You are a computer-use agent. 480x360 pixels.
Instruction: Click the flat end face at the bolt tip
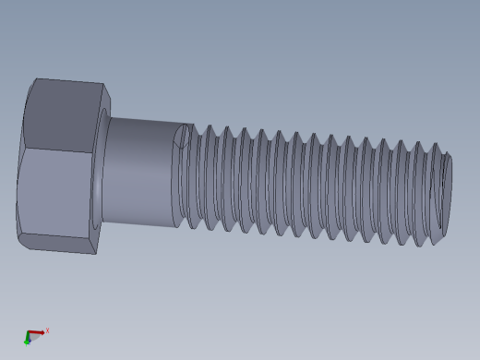(x=442, y=194)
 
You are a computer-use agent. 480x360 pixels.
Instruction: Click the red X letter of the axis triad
(x=47, y=330)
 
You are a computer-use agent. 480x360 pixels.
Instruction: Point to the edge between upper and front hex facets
(x=60, y=151)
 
